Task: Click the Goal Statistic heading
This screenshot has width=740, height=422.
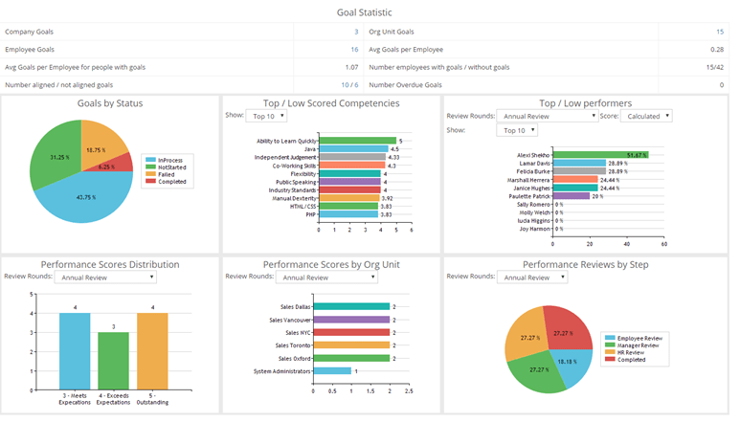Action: (370, 12)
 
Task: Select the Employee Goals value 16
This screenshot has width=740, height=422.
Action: (354, 49)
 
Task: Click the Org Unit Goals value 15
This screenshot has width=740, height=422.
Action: (719, 32)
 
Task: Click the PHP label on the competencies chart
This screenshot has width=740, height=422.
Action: (310, 215)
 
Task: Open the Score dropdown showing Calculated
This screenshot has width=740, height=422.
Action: (646, 116)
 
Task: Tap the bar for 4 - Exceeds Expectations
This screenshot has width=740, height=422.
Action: (114, 361)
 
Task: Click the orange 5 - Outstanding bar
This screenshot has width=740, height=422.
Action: (152, 351)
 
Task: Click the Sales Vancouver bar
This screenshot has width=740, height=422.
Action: (351, 319)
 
